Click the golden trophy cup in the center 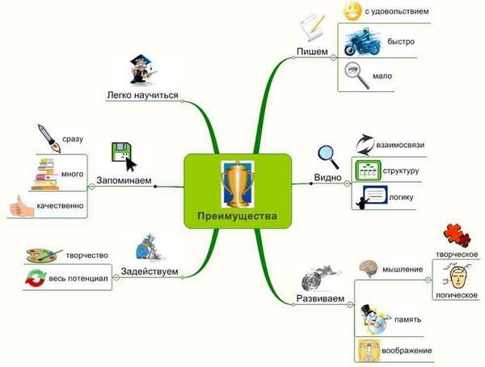[237, 184]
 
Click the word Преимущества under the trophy [237, 216]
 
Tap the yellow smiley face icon [352, 11]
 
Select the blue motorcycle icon [361, 41]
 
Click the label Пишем [312, 52]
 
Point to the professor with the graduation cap [142, 70]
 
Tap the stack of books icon [45, 174]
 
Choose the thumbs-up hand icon [21, 206]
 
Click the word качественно [60, 205]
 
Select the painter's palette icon [44, 255]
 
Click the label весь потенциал [78, 279]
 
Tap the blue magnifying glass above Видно [328, 157]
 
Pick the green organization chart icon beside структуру [368, 171]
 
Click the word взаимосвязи [400, 145]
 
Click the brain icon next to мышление [369, 268]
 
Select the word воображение [407, 351]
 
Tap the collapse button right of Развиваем [349, 305]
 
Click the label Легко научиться [142, 95]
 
